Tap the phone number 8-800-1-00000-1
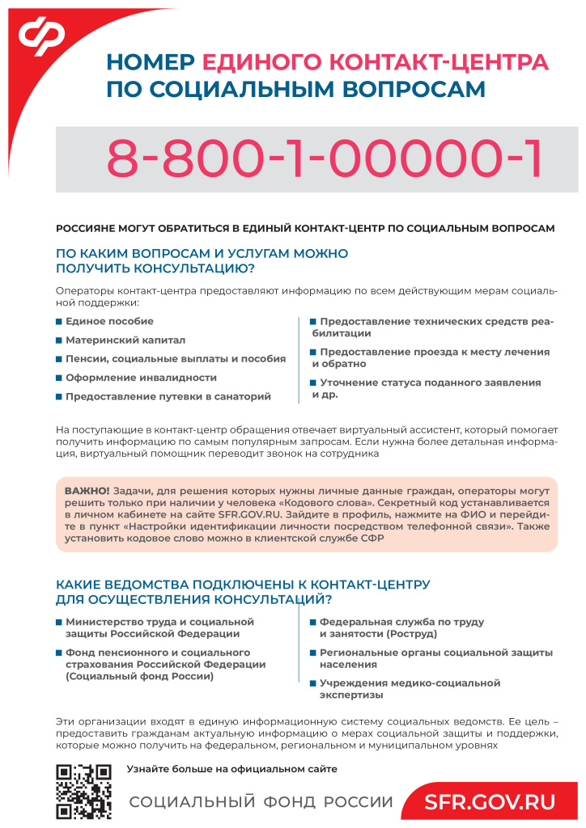click(323, 159)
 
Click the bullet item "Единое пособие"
click(98, 321)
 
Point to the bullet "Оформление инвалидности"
click(141, 378)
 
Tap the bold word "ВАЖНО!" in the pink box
click(87, 490)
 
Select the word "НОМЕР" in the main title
click(151, 62)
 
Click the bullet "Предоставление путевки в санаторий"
click(168, 396)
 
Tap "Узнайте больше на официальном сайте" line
click(231, 769)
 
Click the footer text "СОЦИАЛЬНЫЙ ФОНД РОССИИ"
click(261, 802)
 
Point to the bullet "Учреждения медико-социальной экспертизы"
click(410, 688)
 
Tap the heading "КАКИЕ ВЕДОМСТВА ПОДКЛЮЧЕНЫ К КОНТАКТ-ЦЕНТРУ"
click(242, 584)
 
